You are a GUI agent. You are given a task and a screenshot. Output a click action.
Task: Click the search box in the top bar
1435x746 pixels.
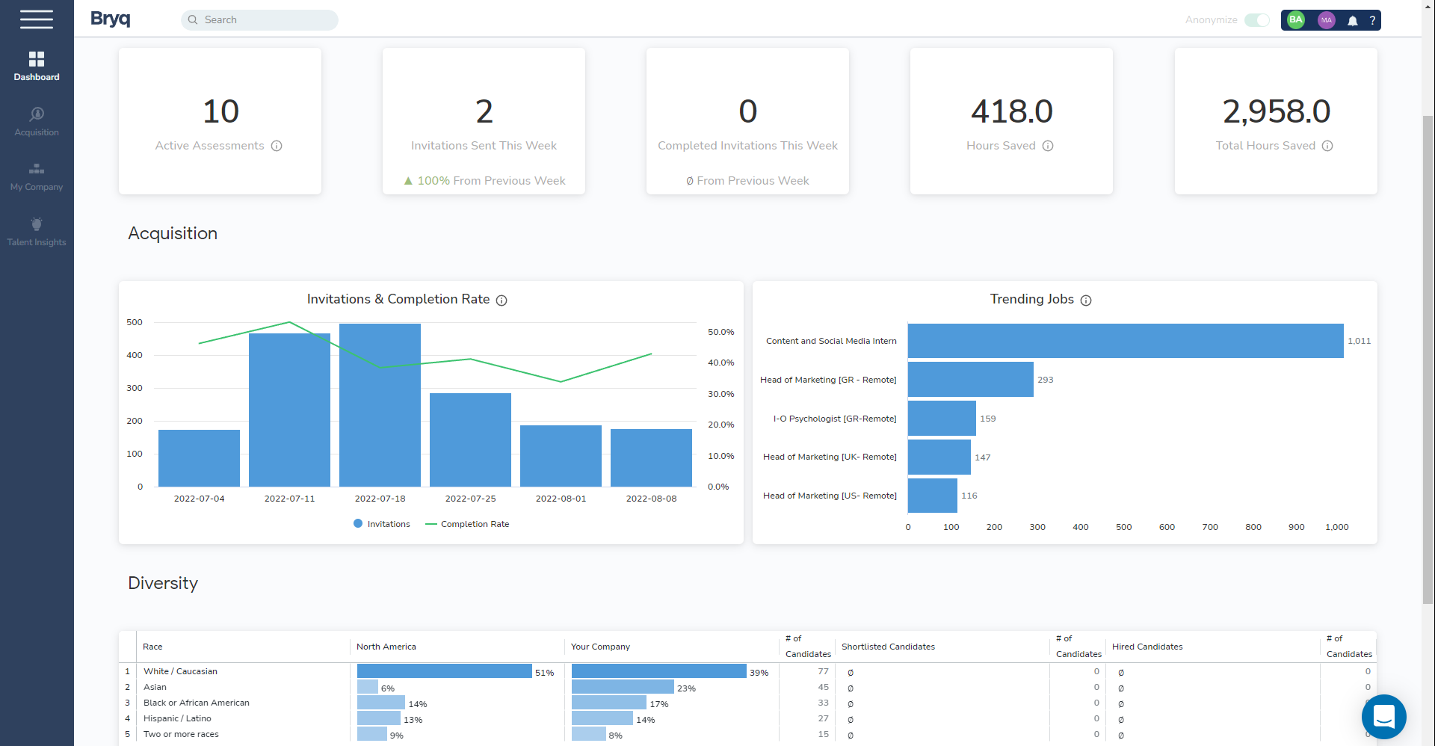pos(259,20)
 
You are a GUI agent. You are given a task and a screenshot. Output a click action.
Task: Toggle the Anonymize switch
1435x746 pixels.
pos(1256,20)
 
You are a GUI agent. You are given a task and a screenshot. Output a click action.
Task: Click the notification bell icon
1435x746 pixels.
pos(1352,21)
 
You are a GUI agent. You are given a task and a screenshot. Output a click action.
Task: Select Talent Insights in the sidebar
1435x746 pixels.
pos(37,231)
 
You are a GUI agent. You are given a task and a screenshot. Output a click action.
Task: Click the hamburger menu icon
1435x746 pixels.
pos(37,19)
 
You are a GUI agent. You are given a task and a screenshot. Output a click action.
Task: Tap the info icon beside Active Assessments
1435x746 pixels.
pos(277,146)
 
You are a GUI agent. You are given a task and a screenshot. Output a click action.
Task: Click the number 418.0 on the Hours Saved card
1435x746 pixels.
pos(1011,111)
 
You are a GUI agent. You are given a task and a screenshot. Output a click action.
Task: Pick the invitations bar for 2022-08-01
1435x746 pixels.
pos(561,456)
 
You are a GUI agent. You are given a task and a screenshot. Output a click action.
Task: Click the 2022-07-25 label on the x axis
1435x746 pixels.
pos(470,499)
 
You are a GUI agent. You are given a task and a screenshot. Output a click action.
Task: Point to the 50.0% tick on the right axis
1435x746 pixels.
pos(720,332)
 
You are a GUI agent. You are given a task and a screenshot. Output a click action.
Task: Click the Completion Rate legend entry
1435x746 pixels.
pos(468,524)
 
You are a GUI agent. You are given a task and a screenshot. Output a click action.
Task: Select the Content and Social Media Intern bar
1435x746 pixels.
pos(1125,341)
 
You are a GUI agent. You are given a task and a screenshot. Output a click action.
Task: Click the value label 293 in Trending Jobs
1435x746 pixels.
pos(1045,380)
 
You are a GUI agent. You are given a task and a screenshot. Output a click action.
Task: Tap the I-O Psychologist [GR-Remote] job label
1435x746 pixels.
pos(834,419)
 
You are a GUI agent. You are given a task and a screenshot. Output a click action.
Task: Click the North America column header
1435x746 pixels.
pos(386,647)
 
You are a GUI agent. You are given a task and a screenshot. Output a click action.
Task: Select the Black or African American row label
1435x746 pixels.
pos(197,703)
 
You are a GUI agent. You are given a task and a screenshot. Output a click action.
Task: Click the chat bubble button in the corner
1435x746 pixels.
pos(1383,716)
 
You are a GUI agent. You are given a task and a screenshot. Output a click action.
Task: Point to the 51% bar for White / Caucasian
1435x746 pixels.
pos(444,671)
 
